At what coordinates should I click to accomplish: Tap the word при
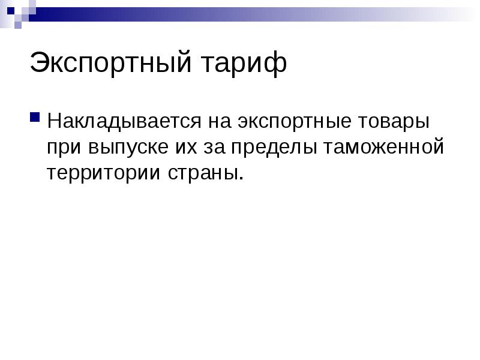(65, 147)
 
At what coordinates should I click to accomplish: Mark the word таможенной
(384, 147)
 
